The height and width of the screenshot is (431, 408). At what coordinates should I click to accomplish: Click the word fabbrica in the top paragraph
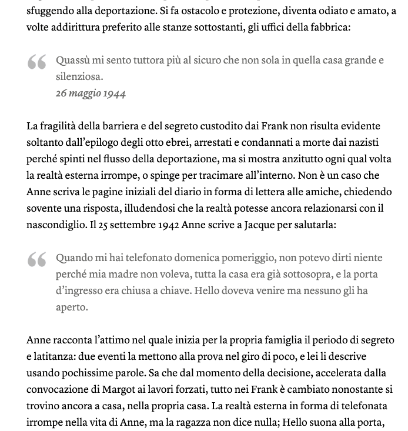tap(330, 27)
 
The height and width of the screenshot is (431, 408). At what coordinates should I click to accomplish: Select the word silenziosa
tap(79, 76)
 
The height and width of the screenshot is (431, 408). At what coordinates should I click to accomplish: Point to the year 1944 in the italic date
tap(114, 93)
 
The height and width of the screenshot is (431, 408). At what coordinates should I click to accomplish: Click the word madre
tap(119, 274)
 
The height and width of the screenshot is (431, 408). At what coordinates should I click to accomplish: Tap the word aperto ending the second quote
tap(72, 307)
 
